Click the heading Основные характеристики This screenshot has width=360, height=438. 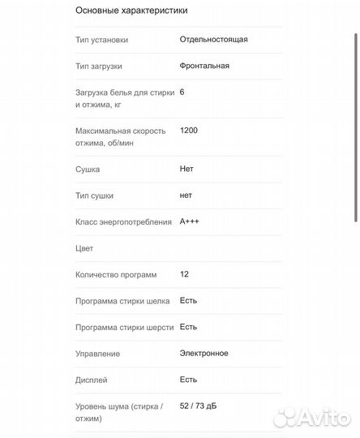(131, 11)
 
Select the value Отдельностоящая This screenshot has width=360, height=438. (214, 39)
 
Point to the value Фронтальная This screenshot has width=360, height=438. (204, 65)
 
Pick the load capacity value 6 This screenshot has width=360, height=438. (182, 92)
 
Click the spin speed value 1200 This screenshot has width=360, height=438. (188, 131)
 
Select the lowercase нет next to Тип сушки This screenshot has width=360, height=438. (186, 195)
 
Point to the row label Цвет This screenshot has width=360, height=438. (84, 248)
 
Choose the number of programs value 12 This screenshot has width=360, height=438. (185, 274)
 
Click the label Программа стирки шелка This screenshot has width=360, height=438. (122, 301)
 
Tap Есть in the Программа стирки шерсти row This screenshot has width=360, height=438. (188, 327)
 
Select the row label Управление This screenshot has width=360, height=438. (97, 354)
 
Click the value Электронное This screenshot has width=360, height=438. (204, 353)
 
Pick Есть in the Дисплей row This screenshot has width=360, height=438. (188, 379)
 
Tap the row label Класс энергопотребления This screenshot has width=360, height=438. (123, 222)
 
